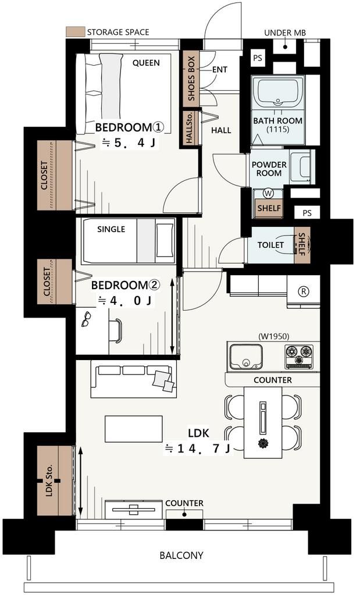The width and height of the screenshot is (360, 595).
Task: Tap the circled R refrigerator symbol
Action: click(303, 291)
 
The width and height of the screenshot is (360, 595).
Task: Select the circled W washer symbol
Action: click(268, 193)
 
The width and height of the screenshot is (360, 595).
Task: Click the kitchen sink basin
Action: click(245, 356)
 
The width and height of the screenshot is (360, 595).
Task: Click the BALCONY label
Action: click(181, 555)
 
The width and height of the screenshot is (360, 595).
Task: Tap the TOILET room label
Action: click(270, 245)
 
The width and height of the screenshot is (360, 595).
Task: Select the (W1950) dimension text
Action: click(273, 336)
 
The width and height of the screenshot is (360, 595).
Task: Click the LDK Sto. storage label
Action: click(49, 481)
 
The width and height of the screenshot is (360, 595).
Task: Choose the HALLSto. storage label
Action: click(190, 129)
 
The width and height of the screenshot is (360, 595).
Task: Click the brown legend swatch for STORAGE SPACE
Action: click(75, 32)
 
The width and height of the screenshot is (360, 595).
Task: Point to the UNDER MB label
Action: click(285, 33)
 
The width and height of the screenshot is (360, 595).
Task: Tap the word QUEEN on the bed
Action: click(146, 63)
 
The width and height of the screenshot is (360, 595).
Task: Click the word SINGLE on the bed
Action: click(111, 229)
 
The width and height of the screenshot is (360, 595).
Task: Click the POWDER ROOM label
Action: click(269, 169)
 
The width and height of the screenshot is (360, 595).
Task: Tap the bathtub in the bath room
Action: click(280, 91)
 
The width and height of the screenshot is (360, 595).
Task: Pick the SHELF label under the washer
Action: click(269, 208)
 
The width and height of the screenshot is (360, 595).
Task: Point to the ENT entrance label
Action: click(219, 70)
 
